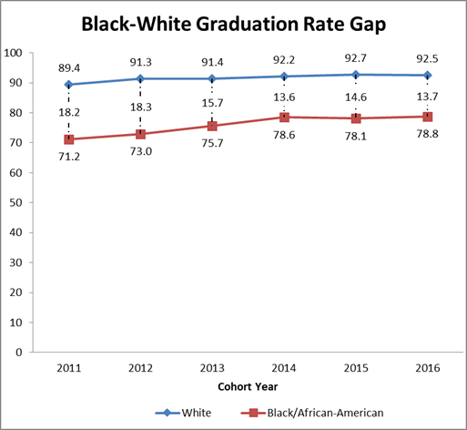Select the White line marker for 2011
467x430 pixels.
click(x=69, y=85)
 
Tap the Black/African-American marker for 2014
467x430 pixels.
click(x=284, y=117)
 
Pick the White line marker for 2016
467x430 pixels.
click(x=428, y=76)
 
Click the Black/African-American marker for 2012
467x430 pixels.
click(x=141, y=134)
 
